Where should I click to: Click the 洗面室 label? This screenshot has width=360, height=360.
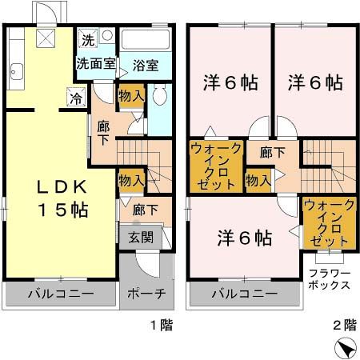[x=96, y=62]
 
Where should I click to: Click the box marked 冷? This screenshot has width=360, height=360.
[x=75, y=99]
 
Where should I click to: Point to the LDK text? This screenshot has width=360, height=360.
[x=60, y=186]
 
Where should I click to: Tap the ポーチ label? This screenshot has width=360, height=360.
[x=146, y=294]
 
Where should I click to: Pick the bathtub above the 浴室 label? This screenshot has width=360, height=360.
[x=146, y=41]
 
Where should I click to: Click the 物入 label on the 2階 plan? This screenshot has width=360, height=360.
[x=257, y=181]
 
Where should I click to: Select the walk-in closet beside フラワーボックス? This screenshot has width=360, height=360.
[x=326, y=225]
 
